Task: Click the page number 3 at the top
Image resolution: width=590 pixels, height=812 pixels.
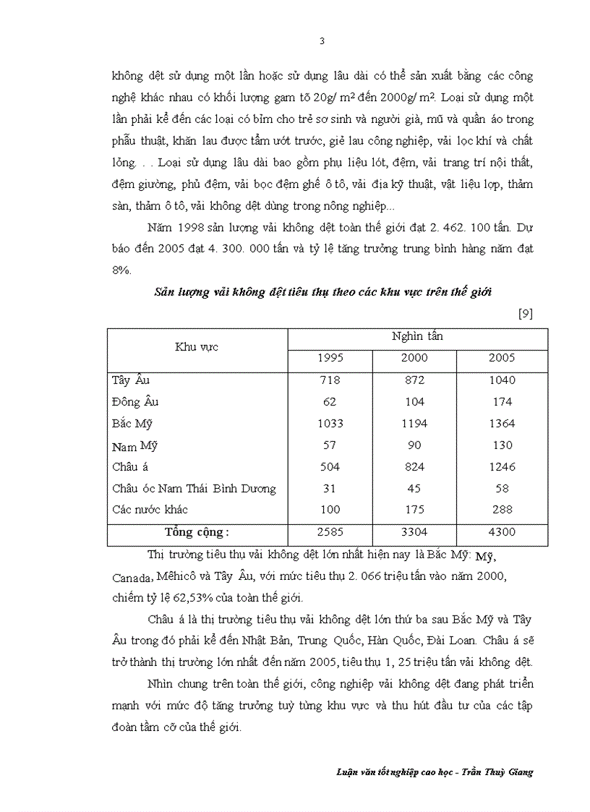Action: click(x=322, y=40)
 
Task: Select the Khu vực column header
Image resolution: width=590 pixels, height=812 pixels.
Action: click(x=197, y=347)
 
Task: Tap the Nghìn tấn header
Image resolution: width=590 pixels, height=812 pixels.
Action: click(x=417, y=336)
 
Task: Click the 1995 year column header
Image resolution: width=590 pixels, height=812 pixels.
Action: click(x=330, y=358)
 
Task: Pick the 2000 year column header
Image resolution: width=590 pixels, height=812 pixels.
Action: click(x=414, y=358)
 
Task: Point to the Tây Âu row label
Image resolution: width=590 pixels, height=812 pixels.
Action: click(x=131, y=380)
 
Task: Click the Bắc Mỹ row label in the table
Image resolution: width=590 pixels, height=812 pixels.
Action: click(x=132, y=424)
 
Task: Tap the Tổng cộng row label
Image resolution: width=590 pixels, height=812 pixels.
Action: click(x=197, y=532)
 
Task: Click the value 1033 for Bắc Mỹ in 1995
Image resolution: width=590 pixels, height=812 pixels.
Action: click(x=330, y=424)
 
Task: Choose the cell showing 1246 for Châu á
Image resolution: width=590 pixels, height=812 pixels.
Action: click(x=502, y=467)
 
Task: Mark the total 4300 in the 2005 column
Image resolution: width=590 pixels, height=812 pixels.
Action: click(x=502, y=532)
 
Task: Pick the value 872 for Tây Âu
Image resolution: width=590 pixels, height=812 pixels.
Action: click(x=414, y=380)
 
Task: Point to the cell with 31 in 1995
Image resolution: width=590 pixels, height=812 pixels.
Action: click(x=330, y=489)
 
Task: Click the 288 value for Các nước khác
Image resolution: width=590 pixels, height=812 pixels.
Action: click(x=502, y=510)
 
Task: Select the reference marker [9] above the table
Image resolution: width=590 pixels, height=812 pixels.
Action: click(x=526, y=314)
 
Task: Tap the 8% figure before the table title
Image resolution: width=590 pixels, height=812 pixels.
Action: click(x=121, y=270)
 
